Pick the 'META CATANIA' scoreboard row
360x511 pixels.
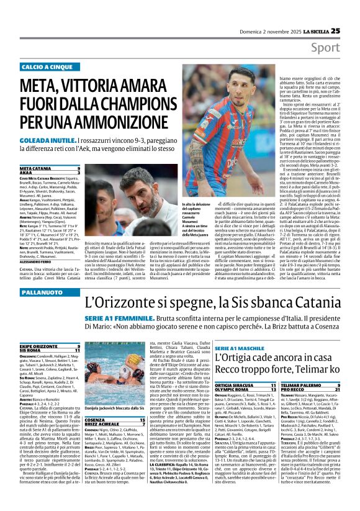(x=50, y=168)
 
